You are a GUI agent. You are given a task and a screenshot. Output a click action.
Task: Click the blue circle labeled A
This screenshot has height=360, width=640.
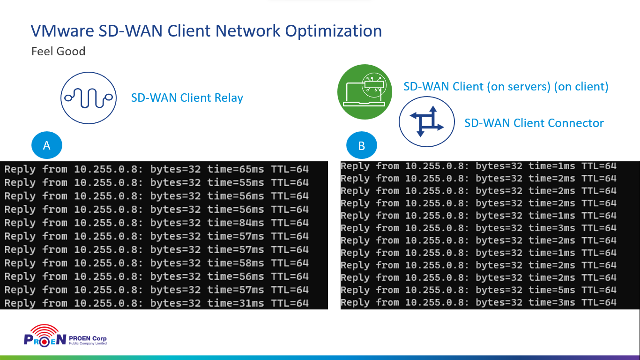pos(46,145)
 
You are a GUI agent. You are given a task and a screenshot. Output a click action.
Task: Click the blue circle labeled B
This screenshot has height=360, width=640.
pos(361,145)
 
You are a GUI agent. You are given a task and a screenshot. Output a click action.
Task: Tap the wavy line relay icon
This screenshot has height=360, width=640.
pos(89,98)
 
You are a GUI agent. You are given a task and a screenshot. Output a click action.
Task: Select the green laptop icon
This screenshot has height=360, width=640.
pos(365,92)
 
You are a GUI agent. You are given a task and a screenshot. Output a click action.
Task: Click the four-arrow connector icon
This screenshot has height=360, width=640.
pos(426,121)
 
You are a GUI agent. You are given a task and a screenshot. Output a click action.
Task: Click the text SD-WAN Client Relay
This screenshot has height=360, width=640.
pos(187,98)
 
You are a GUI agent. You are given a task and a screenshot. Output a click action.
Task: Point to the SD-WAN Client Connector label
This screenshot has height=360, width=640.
pos(534,123)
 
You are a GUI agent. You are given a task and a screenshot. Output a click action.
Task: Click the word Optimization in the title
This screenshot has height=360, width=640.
pos(334,31)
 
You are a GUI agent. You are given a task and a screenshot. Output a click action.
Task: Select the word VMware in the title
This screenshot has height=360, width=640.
pos(62,31)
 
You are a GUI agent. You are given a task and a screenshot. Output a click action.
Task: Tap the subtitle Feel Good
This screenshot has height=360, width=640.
pos(58,51)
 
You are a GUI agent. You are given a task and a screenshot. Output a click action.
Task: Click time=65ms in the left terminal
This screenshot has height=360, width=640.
pos(235,169)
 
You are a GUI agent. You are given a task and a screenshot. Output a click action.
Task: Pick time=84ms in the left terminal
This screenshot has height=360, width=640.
pos(235,223)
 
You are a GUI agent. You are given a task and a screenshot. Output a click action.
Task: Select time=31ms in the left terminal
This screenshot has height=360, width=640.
pos(235,303)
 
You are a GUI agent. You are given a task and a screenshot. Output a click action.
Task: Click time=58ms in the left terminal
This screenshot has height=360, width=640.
pos(235,263)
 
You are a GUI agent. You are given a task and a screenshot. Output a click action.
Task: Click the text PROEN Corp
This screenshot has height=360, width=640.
pos(88,338)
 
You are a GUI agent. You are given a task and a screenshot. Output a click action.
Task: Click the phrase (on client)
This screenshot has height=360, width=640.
pos(581,87)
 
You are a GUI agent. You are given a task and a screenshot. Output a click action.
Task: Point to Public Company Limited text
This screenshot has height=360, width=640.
pos(88,344)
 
